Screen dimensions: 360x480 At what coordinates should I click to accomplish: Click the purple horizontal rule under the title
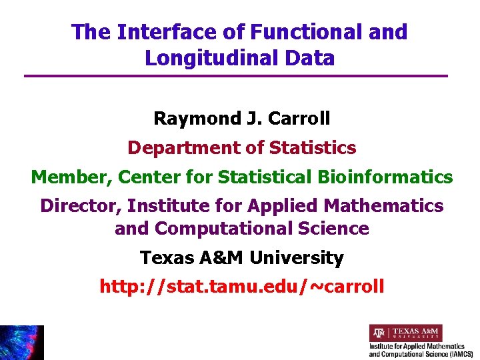coord(235,76)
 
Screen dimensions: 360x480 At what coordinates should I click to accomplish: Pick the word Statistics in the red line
coord(312,147)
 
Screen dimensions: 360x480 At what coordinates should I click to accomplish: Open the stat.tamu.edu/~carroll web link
coord(241,287)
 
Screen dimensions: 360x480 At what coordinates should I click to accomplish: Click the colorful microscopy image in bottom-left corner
coord(21,343)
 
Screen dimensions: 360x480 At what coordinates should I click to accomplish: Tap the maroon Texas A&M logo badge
coord(405,333)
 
